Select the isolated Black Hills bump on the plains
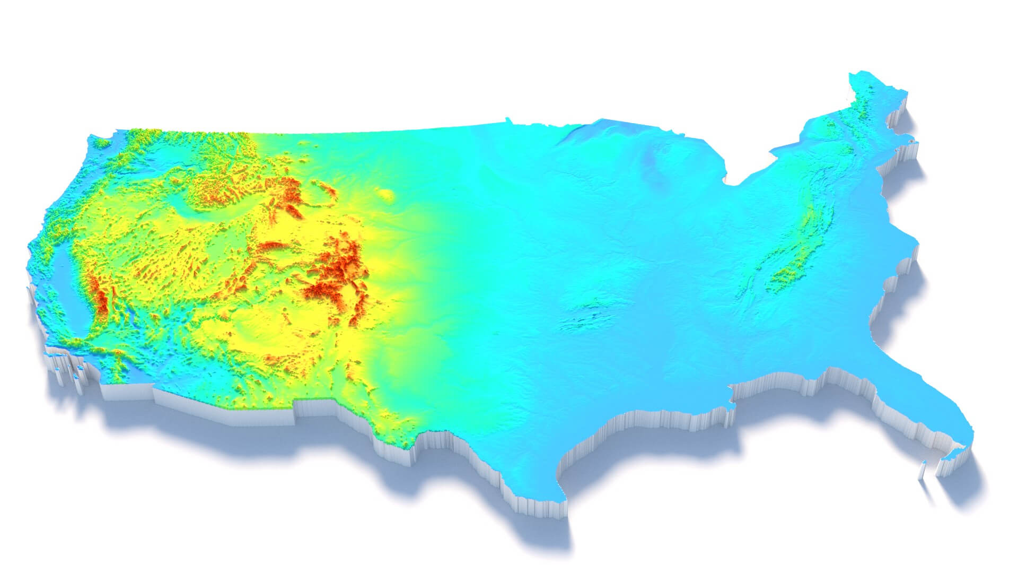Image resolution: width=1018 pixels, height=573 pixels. click(x=387, y=195)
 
